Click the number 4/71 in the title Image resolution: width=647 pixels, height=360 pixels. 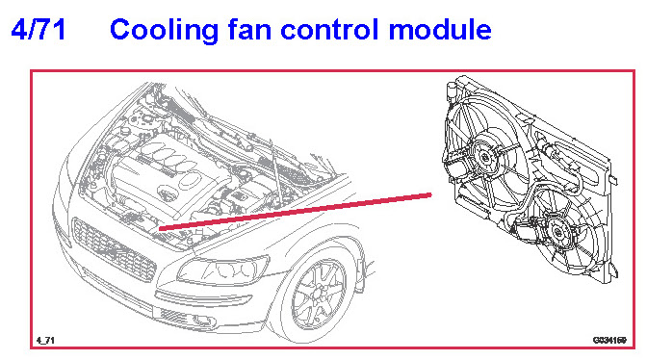click(39, 30)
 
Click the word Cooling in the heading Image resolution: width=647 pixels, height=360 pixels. click(165, 31)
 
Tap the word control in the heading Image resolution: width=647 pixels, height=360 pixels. click(329, 29)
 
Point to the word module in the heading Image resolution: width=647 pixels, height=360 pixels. click(440, 29)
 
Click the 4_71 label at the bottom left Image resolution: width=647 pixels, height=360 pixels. click(45, 340)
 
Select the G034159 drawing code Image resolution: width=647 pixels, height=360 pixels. click(609, 340)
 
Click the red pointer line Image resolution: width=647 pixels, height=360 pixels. click(296, 211)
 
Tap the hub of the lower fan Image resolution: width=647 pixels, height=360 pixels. click(557, 233)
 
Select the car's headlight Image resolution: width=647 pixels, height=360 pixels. click(222, 270)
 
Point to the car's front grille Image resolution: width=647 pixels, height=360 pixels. click(113, 248)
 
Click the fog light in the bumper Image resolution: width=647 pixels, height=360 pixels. click(202, 321)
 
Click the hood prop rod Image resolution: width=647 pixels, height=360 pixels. click(276, 173)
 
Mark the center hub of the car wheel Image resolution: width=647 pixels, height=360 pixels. click(319, 294)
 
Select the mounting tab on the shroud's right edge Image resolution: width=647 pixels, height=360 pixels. click(613, 180)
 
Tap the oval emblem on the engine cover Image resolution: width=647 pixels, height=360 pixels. click(168, 193)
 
